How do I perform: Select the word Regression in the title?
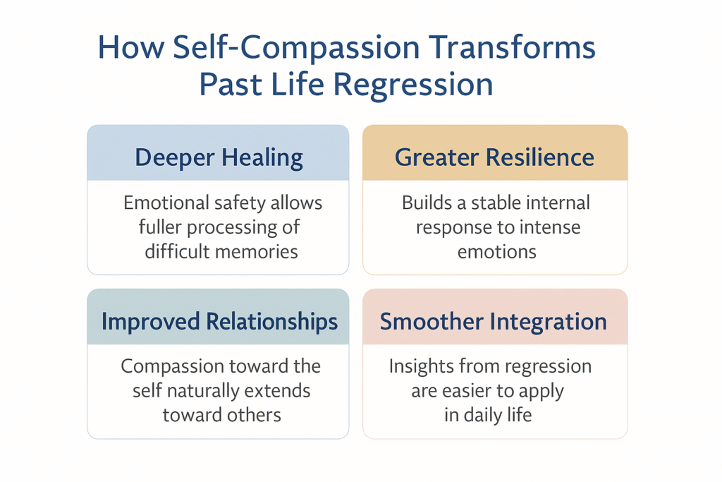point(412,84)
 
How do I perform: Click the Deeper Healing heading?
point(219,157)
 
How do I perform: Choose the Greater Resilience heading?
point(494,157)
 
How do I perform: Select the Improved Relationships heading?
point(219,322)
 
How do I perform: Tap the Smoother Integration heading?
point(494,322)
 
